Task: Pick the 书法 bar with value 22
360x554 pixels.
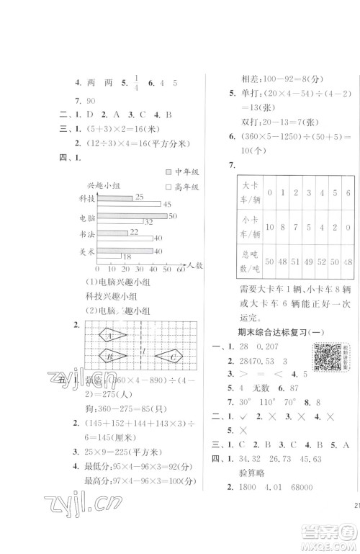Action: click(112, 232)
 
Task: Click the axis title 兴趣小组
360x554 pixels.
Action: click(101, 184)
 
